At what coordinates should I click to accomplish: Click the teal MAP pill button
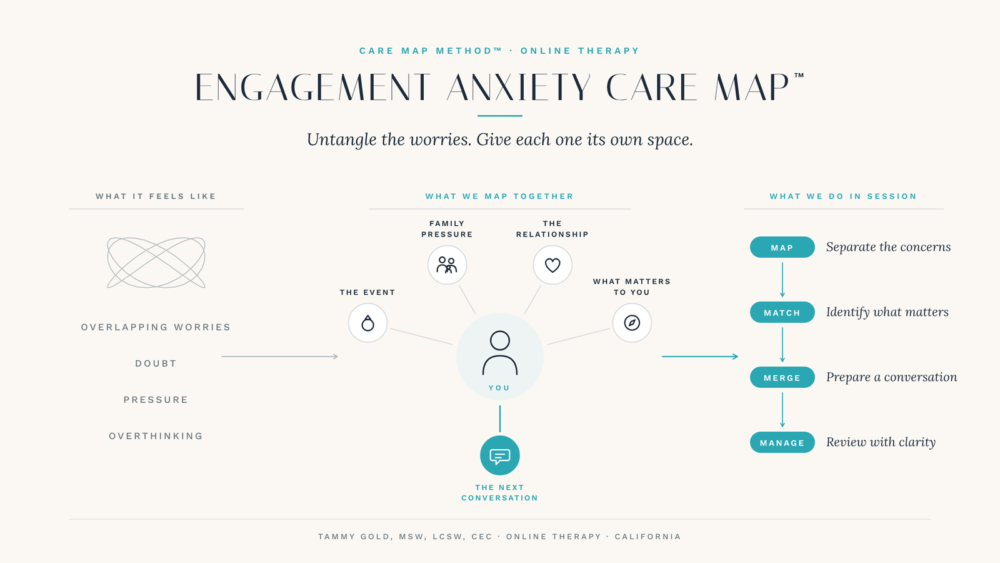click(x=782, y=247)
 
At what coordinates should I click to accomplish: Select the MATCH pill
click(x=782, y=312)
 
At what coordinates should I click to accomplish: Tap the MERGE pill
click(x=782, y=377)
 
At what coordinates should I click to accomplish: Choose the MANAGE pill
click(x=782, y=442)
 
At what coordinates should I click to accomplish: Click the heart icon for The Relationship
click(x=552, y=265)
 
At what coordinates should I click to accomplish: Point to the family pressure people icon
click(x=447, y=265)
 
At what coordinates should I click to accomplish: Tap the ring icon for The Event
click(x=368, y=323)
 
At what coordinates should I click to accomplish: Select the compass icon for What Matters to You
click(x=632, y=323)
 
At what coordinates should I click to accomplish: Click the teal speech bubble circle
click(x=500, y=455)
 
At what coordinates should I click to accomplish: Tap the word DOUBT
click(x=156, y=363)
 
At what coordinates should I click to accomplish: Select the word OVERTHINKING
click(x=156, y=435)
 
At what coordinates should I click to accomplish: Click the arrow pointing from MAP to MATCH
click(x=782, y=280)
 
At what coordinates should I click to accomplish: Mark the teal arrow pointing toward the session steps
click(x=700, y=357)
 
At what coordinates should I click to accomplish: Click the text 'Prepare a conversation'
click(x=891, y=377)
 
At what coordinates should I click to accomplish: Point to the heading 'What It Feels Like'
click(x=156, y=196)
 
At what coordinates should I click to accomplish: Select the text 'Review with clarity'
click(x=881, y=442)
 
